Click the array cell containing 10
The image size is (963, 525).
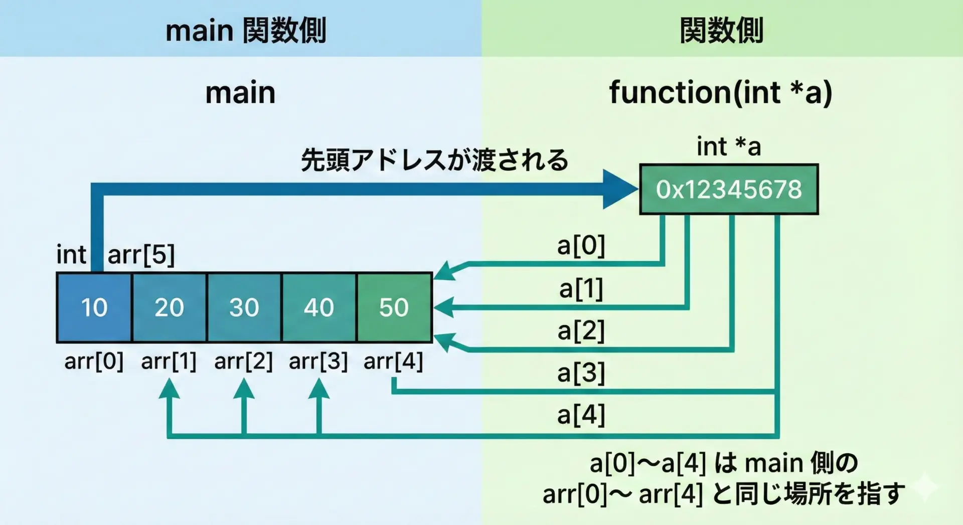click(94, 307)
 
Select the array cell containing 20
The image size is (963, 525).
click(169, 307)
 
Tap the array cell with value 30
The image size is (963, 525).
click(244, 307)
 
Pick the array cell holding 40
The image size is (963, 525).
click(319, 307)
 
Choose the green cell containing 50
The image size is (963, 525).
click(394, 307)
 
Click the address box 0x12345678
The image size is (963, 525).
click(729, 190)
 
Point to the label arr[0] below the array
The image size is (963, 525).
click(94, 361)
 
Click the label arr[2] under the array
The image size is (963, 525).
click(243, 361)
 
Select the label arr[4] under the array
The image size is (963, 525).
click(393, 361)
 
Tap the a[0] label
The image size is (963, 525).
click(581, 245)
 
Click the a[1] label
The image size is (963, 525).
click(581, 288)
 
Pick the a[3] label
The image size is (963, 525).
click(581, 373)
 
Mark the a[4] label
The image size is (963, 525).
click(581, 415)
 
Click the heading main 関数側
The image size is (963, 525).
click(246, 30)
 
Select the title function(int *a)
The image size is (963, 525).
click(720, 92)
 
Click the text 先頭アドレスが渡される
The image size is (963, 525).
click(434, 160)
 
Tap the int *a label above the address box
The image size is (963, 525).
click(728, 146)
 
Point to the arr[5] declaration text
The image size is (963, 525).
click(141, 254)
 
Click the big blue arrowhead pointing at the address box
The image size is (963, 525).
click(619, 189)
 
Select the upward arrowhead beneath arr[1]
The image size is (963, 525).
click(169, 389)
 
